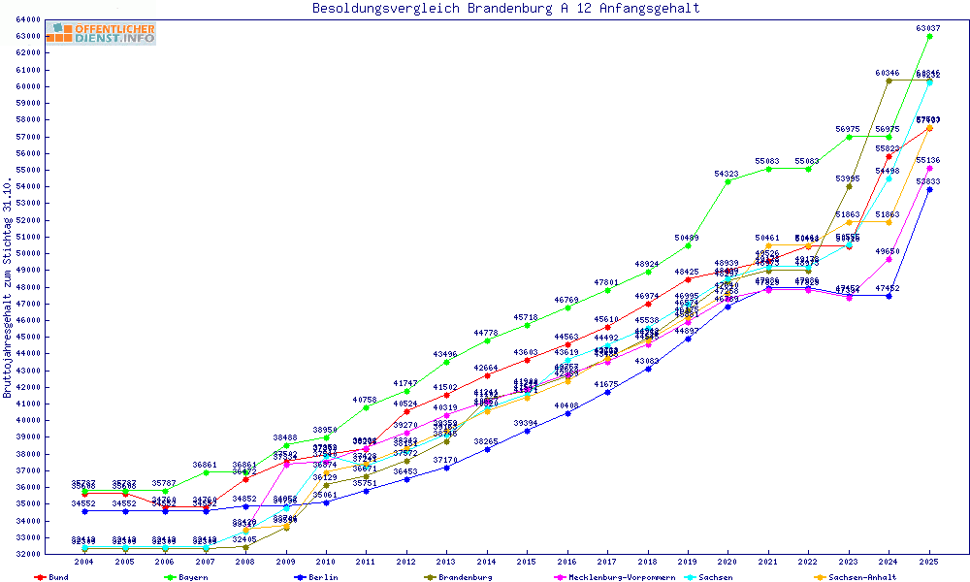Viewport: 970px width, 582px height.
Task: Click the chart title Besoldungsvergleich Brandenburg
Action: (505, 9)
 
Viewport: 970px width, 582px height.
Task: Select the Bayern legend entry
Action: (192, 577)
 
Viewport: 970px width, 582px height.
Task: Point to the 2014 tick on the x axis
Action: (487, 562)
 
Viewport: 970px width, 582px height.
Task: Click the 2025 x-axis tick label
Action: (929, 562)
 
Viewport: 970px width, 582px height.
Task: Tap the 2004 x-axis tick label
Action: (85, 562)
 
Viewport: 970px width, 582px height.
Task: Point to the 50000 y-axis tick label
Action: (26, 253)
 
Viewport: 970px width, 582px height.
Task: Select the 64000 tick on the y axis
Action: (26, 19)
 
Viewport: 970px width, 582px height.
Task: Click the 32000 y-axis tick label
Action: (26, 554)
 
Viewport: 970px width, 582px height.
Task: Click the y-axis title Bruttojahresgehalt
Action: (8, 289)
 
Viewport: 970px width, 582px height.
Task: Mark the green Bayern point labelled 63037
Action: (929, 36)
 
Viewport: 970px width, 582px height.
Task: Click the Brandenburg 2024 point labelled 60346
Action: (889, 81)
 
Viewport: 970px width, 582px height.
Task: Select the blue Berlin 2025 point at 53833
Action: (929, 189)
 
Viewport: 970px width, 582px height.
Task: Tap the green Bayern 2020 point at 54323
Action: (728, 181)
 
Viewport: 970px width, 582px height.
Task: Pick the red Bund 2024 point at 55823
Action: (889, 156)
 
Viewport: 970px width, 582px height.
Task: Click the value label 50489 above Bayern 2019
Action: (687, 238)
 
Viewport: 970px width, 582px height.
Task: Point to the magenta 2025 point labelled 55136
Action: (929, 168)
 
